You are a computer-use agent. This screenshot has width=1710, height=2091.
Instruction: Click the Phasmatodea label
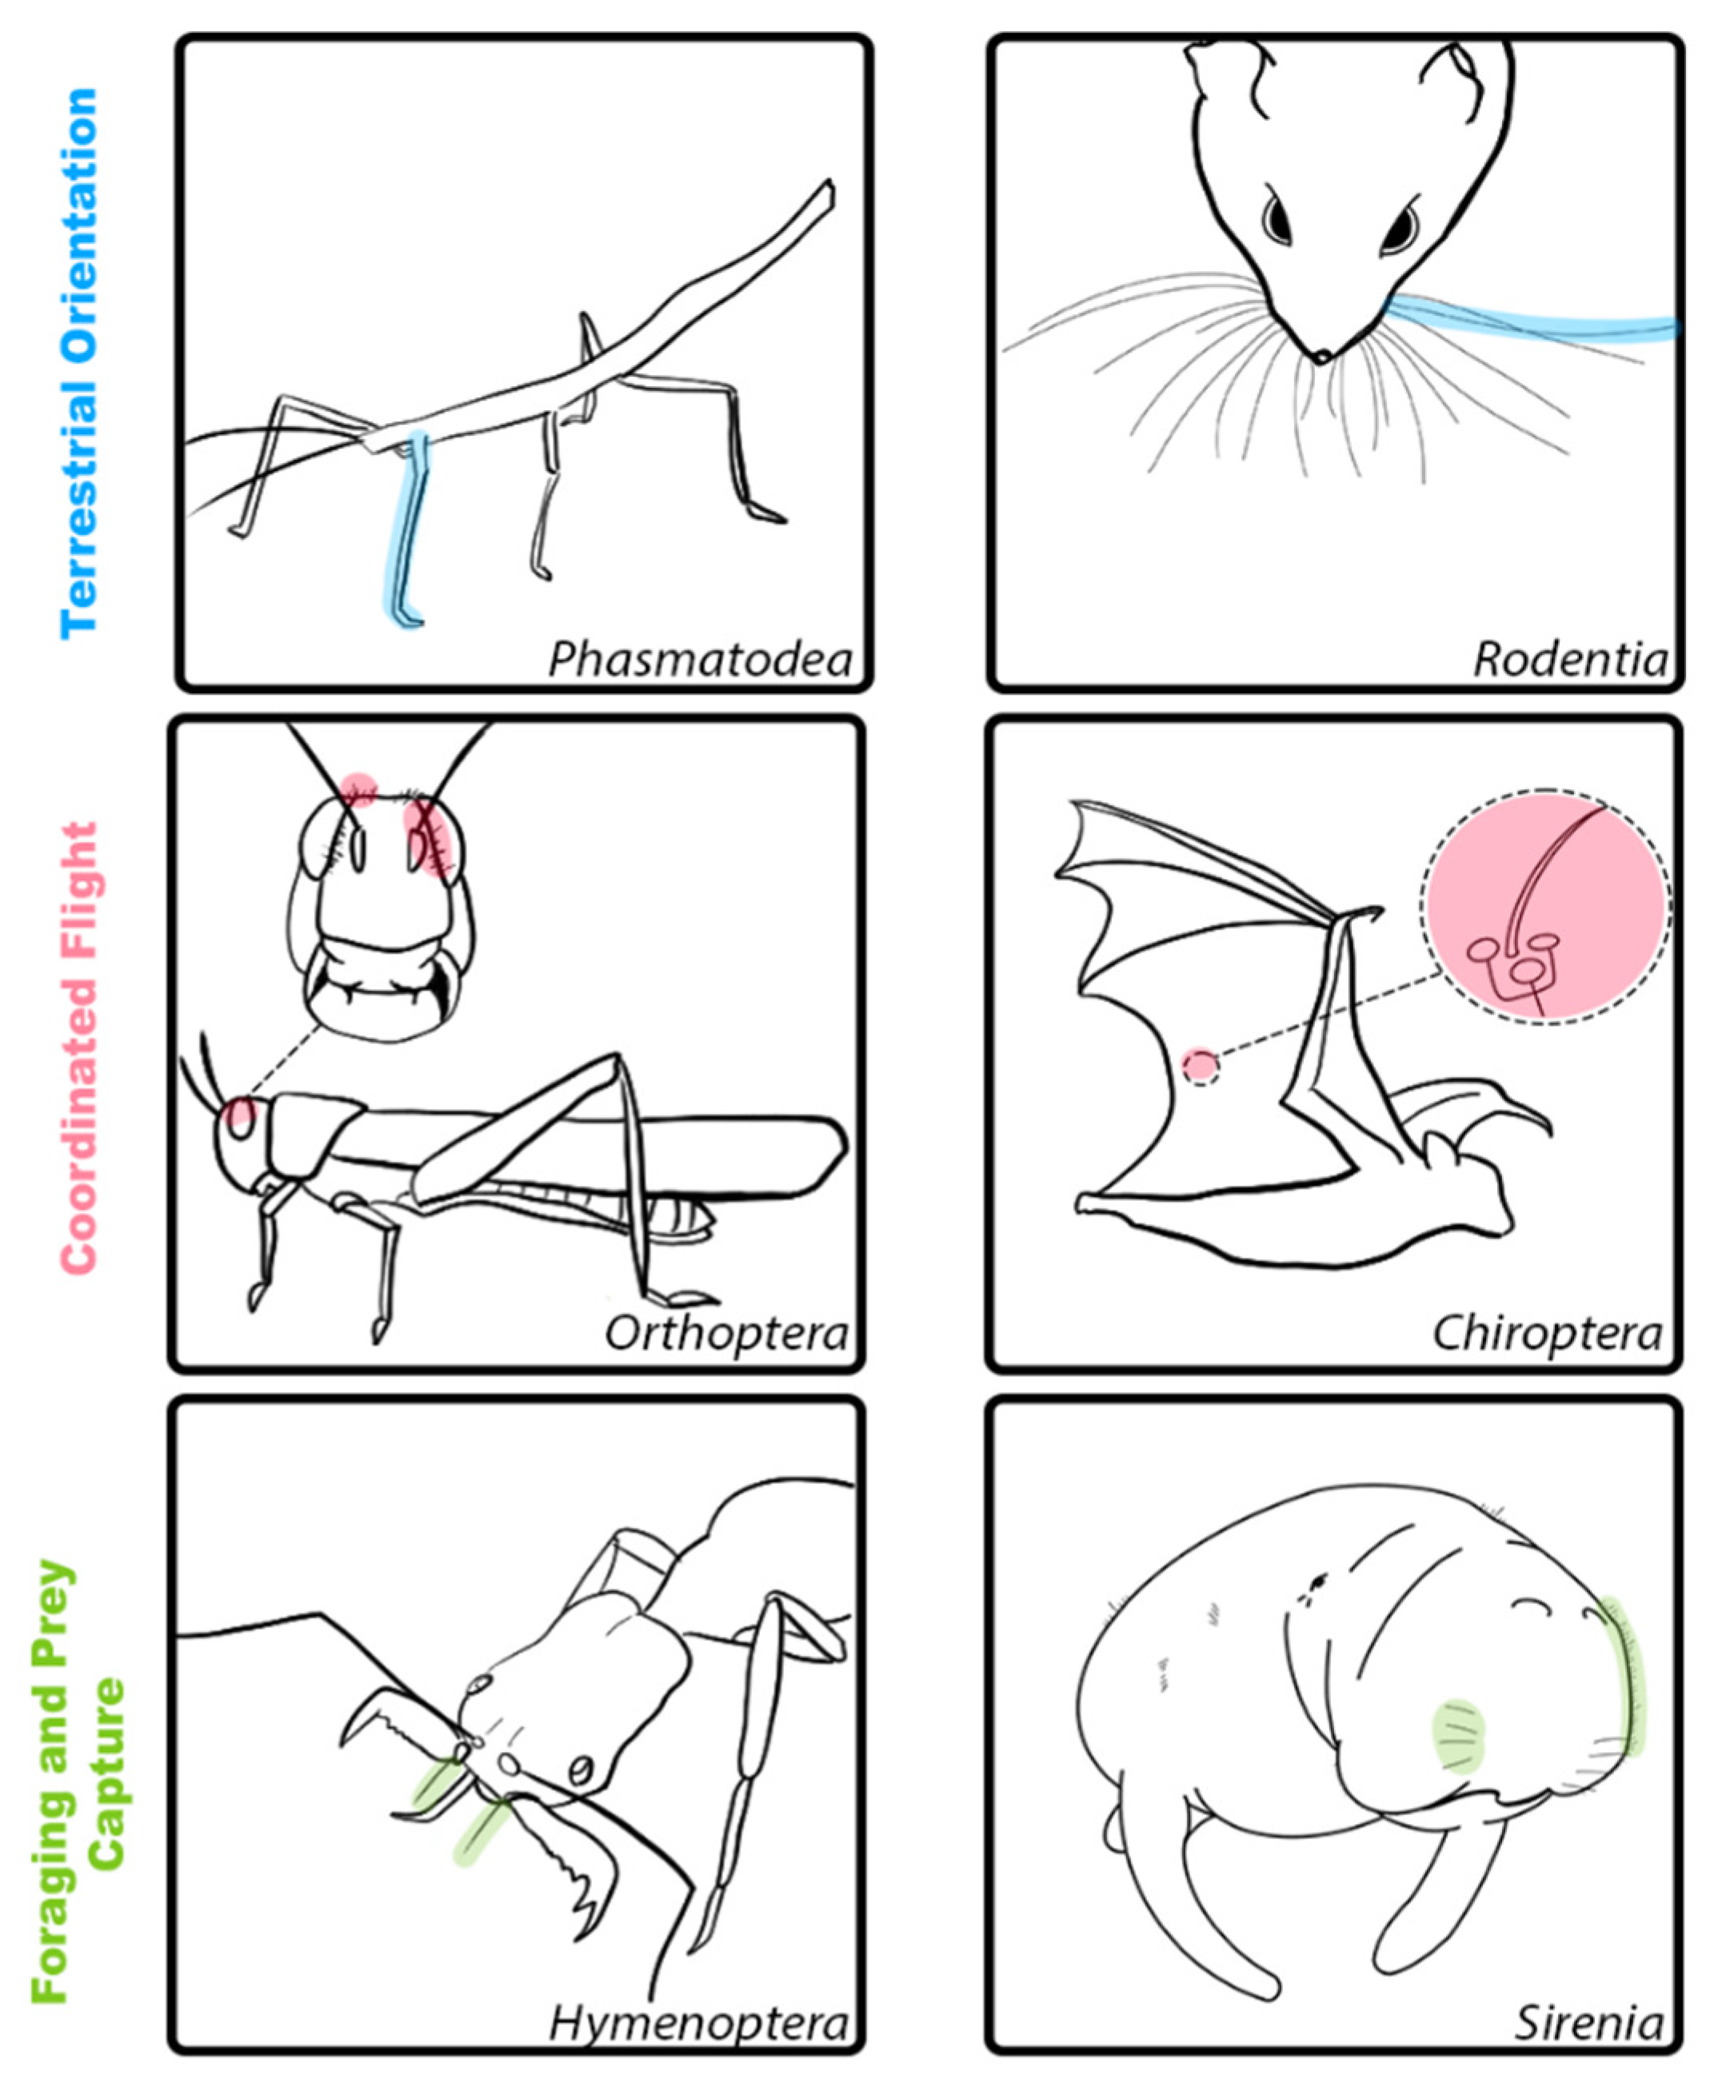699,659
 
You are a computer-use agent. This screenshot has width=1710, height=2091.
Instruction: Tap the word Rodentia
1570,659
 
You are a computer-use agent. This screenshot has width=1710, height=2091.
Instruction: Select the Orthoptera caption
726,1335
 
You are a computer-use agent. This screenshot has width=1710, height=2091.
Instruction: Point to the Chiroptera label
1547,1335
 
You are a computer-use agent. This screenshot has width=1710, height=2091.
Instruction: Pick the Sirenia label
1588,2025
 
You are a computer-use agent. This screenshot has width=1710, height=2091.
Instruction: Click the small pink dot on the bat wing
1200,1067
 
